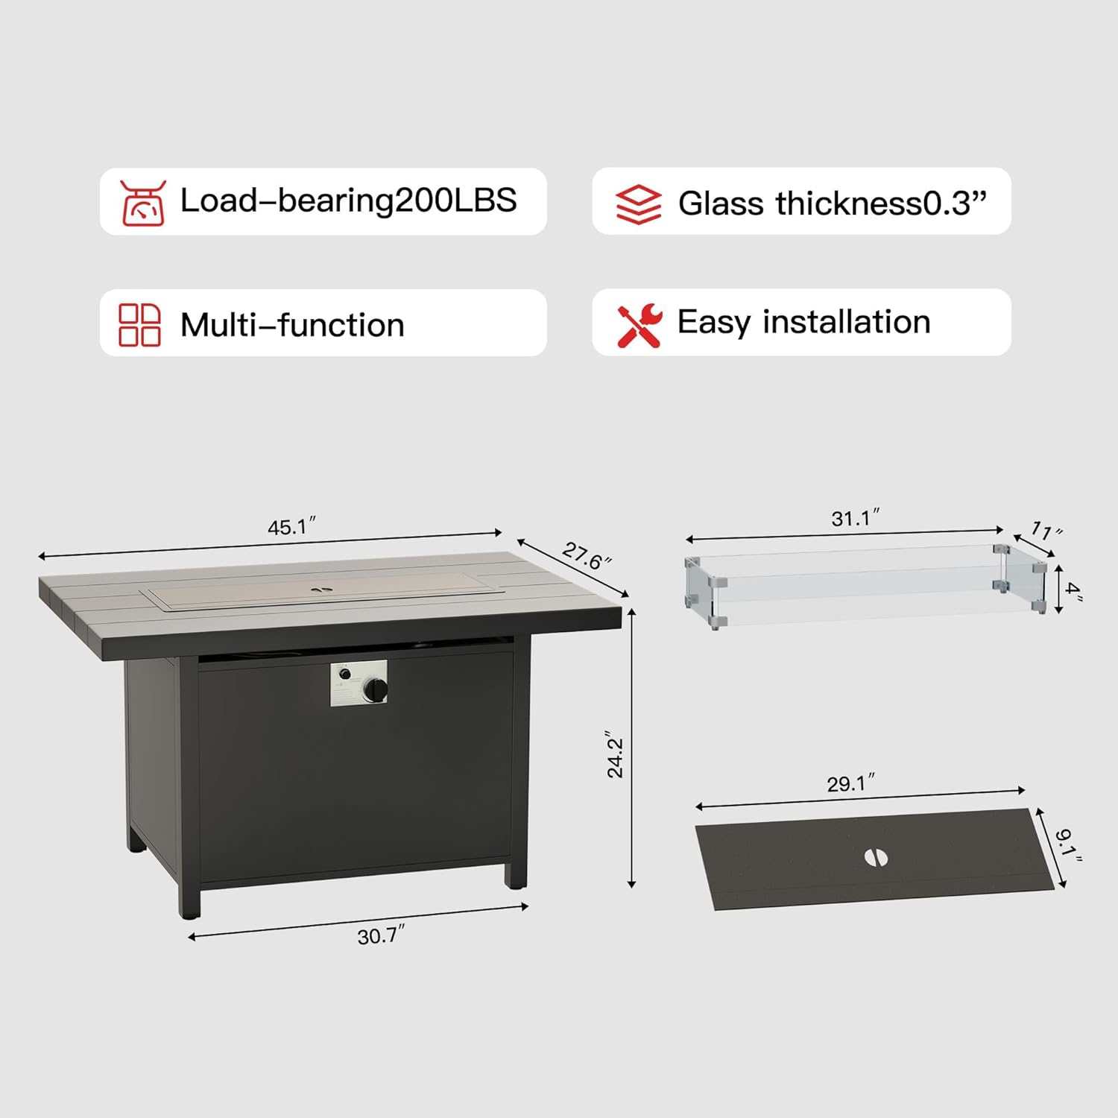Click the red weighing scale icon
click(142, 203)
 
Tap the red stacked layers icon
click(638, 203)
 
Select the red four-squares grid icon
click(139, 325)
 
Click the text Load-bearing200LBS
click(349, 200)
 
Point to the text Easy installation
click(803, 323)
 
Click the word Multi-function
click(292, 325)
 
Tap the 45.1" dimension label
click(291, 526)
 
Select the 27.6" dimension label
click(587, 555)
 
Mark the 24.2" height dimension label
click(615, 754)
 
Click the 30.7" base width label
click(381, 935)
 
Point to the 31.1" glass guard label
click(855, 517)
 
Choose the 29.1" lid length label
click(850, 783)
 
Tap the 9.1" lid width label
click(1067, 844)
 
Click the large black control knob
click(375, 690)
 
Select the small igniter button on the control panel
click(344, 675)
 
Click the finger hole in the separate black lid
click(877, 857)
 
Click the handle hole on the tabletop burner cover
click(323, 589)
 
